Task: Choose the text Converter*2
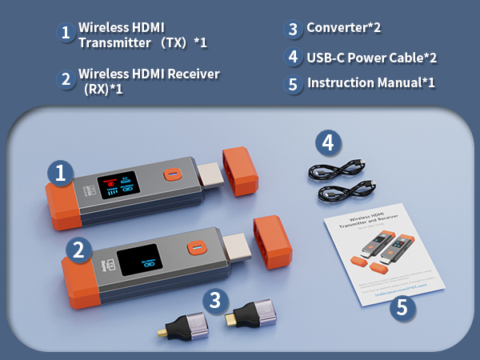(344, 28)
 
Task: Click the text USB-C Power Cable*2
(371, 57)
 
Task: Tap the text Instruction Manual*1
(370, 82)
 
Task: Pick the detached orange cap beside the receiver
(270, 242)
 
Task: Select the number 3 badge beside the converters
(213, 302)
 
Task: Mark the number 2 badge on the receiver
(78, 250)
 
